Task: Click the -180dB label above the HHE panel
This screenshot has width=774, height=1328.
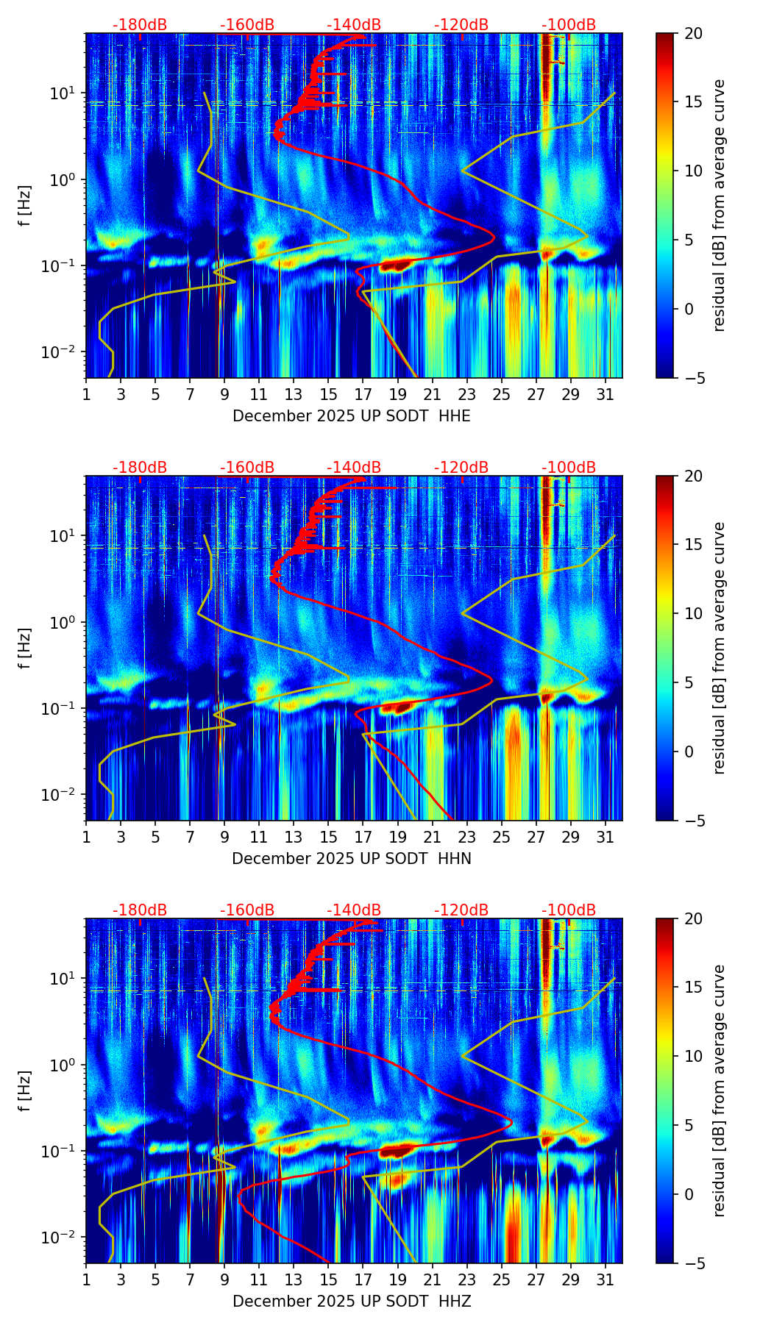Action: [x=140, y=25]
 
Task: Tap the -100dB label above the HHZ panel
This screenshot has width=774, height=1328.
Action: [x=569, y=910]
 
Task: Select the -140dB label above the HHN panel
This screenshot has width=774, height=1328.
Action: [x=354, y=468]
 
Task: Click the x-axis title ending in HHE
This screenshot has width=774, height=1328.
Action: [x=352, y=416]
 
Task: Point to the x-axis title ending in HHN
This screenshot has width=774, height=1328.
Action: [x=352, y=859]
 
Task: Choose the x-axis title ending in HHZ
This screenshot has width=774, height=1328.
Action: [x=352, y=1302]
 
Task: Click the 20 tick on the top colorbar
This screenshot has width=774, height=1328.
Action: [x=693, y=33]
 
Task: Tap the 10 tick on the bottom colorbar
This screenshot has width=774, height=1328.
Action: [x=693, y=1056]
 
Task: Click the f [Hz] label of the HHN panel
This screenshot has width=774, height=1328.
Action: [x=26, y=648]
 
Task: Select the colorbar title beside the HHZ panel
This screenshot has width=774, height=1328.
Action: [x=719, y=1090]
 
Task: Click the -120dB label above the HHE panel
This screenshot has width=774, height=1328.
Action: [x=461, y=25]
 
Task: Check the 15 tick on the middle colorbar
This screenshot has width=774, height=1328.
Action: [x=693, y=544]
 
